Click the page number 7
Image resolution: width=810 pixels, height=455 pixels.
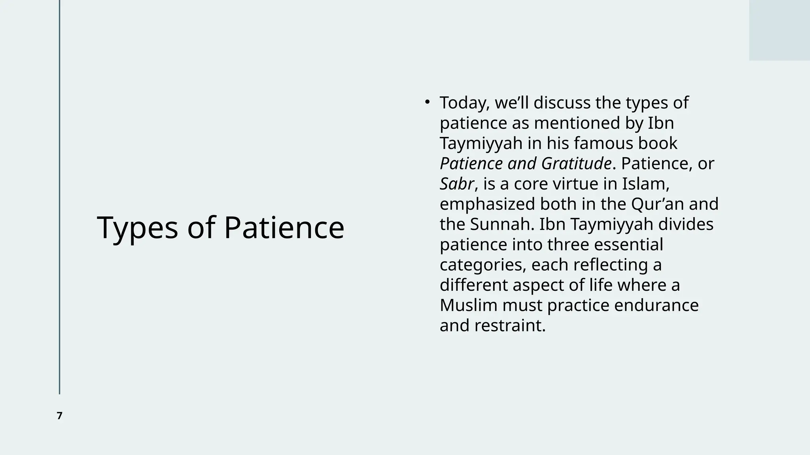coord(60,416)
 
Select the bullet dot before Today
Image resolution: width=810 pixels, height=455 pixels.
coord(427,102)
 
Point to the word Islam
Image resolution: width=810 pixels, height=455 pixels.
coord(644,184)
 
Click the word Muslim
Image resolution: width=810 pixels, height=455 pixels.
coord(468,305)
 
